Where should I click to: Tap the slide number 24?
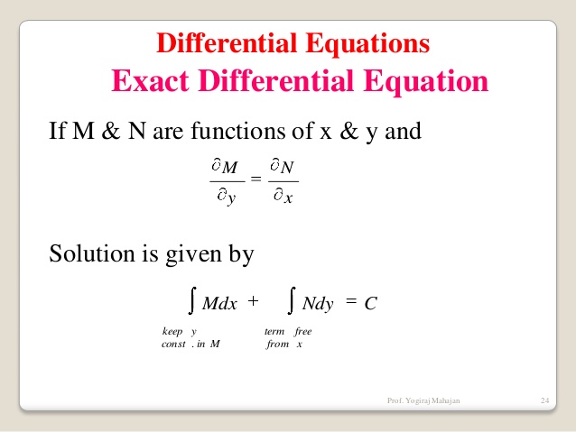[544, 400]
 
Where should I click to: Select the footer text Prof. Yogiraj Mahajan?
[423, 400]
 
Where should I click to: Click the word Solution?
[93, 254]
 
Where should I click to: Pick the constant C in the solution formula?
[369, 304]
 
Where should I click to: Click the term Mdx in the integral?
[219, 304]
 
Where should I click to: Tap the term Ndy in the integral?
[318, 304]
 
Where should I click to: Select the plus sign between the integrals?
[253, 301]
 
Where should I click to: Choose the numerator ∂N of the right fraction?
[283, 166]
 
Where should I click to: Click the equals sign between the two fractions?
[255, 180]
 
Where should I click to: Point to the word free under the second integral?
[302, 331]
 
